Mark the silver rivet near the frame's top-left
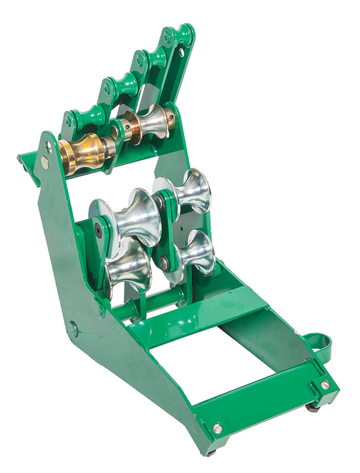[45, 160]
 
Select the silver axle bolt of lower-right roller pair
[164, 260]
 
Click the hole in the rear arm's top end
[181, 52]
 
